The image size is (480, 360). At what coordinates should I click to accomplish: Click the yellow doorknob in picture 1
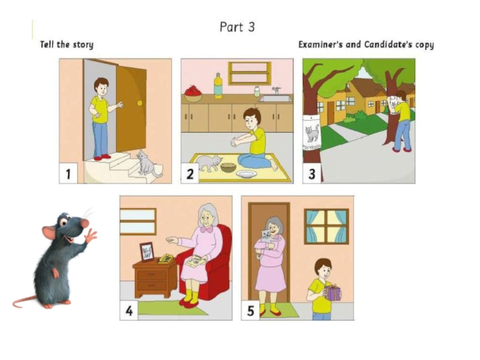point(140,103)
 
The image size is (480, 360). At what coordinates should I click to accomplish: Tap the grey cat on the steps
point(148,163)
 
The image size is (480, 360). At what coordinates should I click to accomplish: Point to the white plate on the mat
point(247,174)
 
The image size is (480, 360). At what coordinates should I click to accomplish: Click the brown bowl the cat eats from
point(229,167)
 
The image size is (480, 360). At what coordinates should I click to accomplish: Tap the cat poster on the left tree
point(311,133)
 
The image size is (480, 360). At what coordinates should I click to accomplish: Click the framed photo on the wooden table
point(147,252)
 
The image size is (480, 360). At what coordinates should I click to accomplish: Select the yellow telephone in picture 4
point(166,259)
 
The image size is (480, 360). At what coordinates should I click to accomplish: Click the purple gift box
point(332,292)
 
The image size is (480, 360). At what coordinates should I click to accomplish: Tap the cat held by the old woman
point(264,242)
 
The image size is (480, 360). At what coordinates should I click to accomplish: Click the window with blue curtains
point(326,227)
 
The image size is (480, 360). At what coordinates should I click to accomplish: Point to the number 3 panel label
point(311,174)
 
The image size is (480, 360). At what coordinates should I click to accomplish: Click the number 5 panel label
point(250,311)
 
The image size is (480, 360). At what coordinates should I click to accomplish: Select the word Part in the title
point(231,27)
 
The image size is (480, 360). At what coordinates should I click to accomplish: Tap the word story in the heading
point(83,45)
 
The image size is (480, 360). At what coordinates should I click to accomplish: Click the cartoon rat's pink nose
point(85,223)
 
